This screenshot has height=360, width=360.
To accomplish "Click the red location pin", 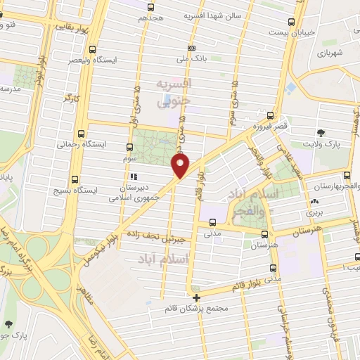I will click(x=181, y=166).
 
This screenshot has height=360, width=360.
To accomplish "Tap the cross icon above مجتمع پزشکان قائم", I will click(x=196, y=297).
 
